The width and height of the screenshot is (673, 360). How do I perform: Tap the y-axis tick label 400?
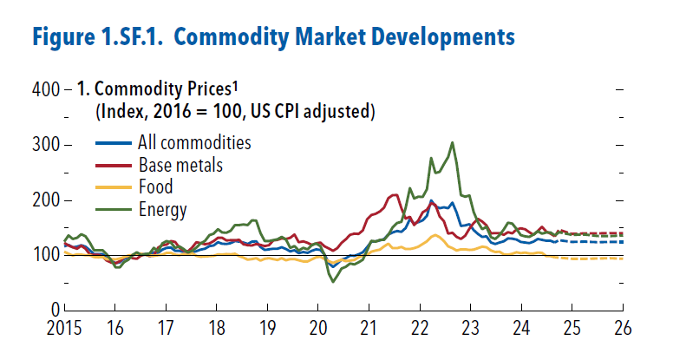45,89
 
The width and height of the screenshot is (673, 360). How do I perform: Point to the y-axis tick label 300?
45,145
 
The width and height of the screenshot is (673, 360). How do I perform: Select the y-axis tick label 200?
45,200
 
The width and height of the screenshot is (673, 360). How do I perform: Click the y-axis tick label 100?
45,255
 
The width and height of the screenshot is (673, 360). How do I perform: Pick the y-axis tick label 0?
55,310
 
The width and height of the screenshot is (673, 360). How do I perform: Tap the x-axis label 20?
318,331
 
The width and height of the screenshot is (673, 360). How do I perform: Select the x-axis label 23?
471,331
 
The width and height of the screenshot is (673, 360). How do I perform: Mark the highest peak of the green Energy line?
453,142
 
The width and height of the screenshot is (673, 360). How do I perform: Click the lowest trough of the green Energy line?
333,281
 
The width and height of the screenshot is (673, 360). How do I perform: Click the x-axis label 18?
217,331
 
